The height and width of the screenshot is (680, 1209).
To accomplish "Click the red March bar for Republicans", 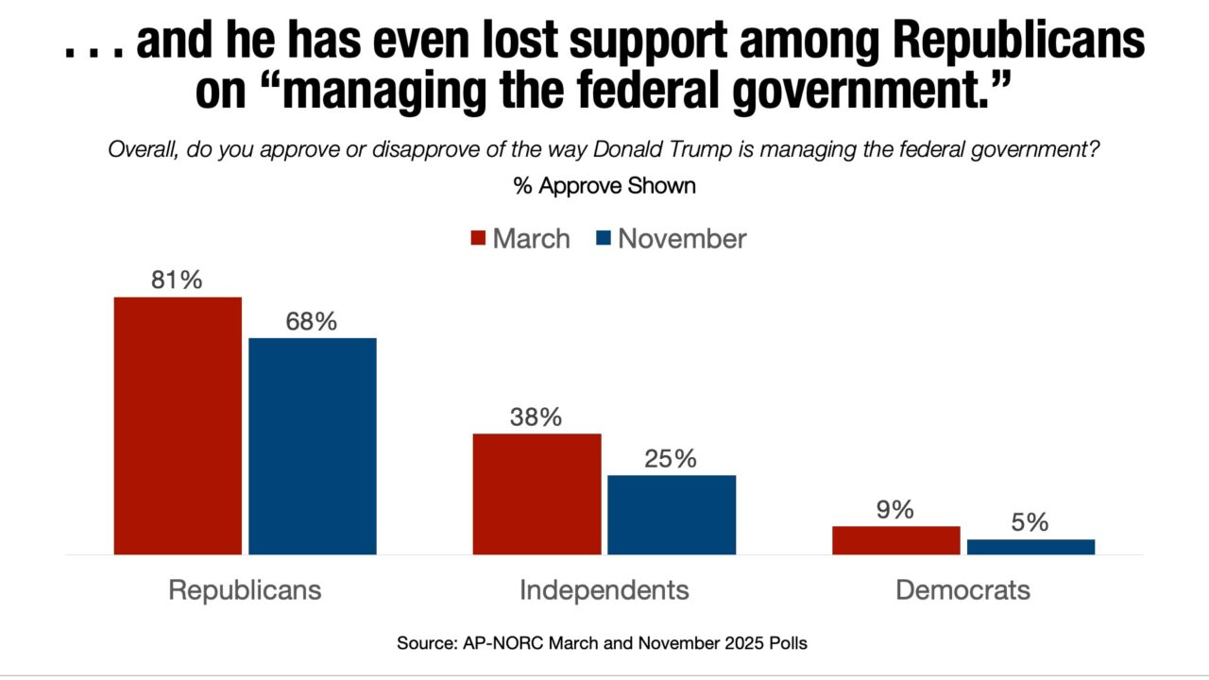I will coord(178,425).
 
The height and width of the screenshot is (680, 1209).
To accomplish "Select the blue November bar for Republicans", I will coord(313,446).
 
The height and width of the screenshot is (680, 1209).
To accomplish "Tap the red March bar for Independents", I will coord(536,493).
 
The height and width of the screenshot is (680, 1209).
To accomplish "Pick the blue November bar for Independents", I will coord(672,514).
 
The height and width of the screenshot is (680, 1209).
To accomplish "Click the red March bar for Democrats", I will coord(895,539).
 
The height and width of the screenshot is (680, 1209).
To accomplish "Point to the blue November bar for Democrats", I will coord(1030,547).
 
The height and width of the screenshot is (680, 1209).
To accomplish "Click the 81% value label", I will coord(178,280).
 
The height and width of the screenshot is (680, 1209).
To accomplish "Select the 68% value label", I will coord(313,322).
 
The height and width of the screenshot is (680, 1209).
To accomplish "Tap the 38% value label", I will coord(536,417).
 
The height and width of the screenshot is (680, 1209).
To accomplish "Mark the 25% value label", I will coord(672,459).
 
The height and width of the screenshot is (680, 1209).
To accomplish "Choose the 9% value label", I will coord(895,510).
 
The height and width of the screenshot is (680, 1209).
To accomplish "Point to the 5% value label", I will coord(1030,523).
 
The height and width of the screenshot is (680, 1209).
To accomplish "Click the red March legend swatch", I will coord(478,239).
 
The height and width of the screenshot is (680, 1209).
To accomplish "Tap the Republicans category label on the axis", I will coord(245,590).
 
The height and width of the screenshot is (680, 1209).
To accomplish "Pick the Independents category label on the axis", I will coord(604,590).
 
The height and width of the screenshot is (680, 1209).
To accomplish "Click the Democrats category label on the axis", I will coord(962,590).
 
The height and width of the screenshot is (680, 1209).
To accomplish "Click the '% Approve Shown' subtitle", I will coord(604,186).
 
